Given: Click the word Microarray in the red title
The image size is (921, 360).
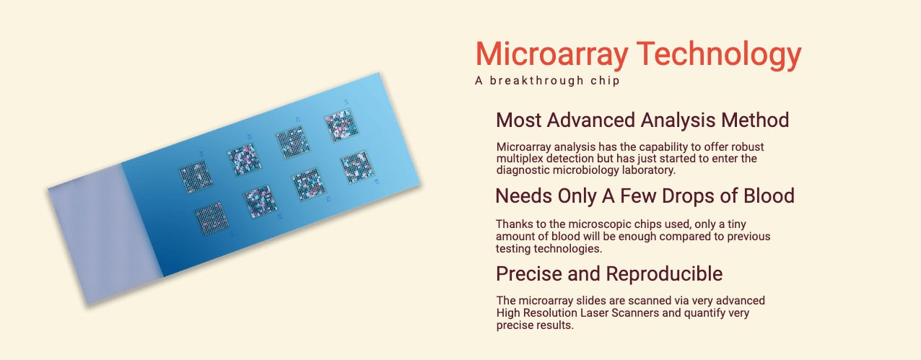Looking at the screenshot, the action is pyautogui.click(x=551, y=55).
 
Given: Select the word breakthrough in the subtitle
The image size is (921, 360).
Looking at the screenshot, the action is pyautogui.click(x=536, y=81).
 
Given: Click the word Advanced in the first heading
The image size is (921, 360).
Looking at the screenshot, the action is pyautogui.click(x=591, y=120).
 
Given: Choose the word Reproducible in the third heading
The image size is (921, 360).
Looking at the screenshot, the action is pyautogui.click(x=664, y=274).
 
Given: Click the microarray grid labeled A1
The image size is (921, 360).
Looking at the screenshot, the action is pyautogui.click(x=341, y=126).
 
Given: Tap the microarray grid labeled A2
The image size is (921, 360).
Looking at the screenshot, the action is pyautogui.click(x=292, y=142).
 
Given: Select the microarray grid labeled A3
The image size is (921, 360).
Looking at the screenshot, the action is pyautogui.click(x=244, y=159).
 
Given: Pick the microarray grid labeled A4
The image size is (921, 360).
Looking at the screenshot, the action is pyautogui.click(x=196, y=177).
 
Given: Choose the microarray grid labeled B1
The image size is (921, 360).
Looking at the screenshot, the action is pyautogui.click(x=357, y=167).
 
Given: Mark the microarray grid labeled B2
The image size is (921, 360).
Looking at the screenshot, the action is pyautogui.click(x=308, y=185).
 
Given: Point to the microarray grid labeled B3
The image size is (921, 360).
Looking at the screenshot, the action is pyautogui.click(x=260, y=202).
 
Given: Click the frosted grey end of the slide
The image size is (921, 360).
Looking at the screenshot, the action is pyautogui.click(x=105, y=234).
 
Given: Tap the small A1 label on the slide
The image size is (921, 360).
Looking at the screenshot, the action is pyautogui.click(x=346, y=102).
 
